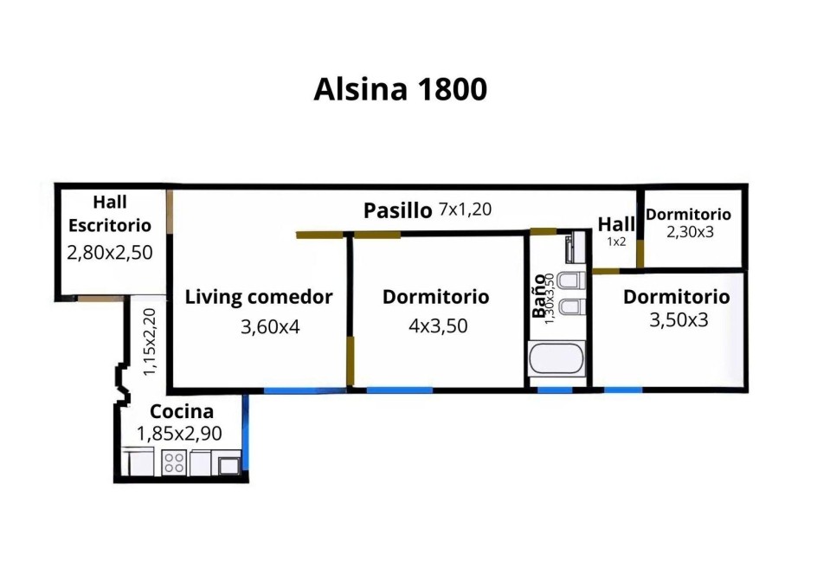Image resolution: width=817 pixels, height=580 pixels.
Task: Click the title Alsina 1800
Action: click(400, 90)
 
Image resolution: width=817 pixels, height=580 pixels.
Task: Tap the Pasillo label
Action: click(397, 210)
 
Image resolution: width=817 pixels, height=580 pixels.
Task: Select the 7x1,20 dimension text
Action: click(466, 209)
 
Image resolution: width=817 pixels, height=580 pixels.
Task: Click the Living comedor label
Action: click(259, 297)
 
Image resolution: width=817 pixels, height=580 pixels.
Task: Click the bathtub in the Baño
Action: click(556, 358)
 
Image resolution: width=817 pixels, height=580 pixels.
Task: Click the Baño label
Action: click(539, 296)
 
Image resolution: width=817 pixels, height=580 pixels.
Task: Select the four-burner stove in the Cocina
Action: click(174, 462)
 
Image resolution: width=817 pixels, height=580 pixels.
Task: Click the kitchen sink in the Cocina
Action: click(228, 465)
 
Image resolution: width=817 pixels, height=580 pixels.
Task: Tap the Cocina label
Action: click(182, 411)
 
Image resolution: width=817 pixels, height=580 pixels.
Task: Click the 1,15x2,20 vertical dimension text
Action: click(149, 342)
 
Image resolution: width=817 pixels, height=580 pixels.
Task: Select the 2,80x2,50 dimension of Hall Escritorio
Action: click(110, 252)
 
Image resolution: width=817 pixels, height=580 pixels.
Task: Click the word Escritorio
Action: click(110, 225)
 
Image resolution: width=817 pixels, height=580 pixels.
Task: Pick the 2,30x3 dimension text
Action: click(690, 232)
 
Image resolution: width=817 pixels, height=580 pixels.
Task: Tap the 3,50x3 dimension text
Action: click(679, 319)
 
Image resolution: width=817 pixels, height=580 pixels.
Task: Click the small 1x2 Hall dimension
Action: click(615, 242)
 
